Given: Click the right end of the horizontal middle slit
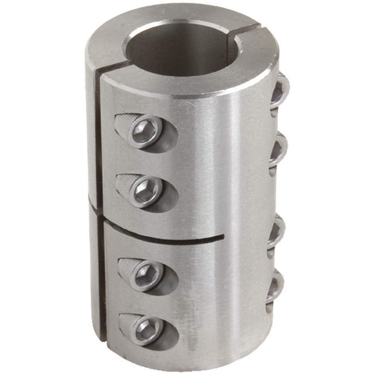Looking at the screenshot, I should pos(223,236).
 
